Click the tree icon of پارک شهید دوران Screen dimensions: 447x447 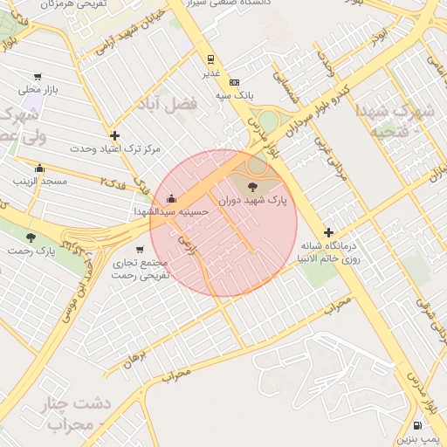pyautogui.click(x=253, y=186)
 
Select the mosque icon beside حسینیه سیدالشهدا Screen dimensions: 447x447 pyautogui.click(x=171, y=196)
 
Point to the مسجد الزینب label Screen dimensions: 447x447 pyautogui.click(x=39, y=181)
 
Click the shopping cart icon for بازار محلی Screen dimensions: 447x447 pyautogui.click(x=37, y=77)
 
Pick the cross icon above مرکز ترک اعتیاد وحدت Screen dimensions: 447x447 pyautogui.click(x=114, y=135)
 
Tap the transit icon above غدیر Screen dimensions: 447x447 pyautogui.click(x=210, y=60)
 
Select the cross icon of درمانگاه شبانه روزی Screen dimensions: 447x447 pyautogui.click(x=328, y=232)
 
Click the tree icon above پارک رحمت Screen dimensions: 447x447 pyautogui.click(x=31, y=237)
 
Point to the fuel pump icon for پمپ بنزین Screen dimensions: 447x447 pyautogui.click(x=417, y=425)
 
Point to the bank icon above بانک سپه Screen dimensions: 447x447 pyautogui.click(x=233, y=81)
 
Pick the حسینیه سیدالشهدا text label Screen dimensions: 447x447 pyautogui.click(x=172, y=211)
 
